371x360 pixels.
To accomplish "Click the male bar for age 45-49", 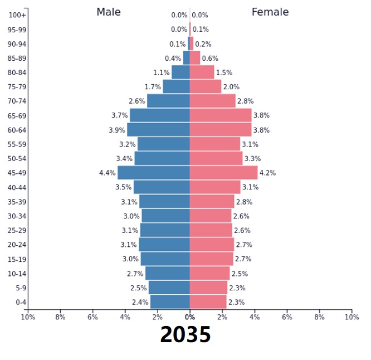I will [x=154, y=173].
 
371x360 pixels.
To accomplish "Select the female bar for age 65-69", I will [x=221, y=115].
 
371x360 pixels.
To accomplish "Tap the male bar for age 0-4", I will [x=170, y=302].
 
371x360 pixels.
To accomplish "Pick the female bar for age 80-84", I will [x=202, y=72].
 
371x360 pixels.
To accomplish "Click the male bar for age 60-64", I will [x=158, y=130].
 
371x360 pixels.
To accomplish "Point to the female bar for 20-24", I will [x=212, y=245].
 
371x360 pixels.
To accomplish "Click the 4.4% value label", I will [x=108, y=173].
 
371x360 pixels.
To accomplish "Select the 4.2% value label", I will [x=267, y=173].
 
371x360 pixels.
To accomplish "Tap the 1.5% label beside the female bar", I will [x=224, y=72].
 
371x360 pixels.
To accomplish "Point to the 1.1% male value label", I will [x=162, y=72].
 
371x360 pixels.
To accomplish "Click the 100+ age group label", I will [x=17, y=15].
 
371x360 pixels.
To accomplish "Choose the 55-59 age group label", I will [x=17, y=144].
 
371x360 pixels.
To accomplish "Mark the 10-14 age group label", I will [x=17, y=274].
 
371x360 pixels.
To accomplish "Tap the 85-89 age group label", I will [x=17, y=58].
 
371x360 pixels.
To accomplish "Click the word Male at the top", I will [x=108, y=12].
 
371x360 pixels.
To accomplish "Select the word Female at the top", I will [x=270, y=12].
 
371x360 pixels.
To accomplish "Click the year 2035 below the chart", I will [x=186, y=335].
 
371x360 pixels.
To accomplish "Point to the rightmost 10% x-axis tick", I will [x=352, y=317].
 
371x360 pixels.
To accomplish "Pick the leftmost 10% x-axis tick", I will [x=28, y=317].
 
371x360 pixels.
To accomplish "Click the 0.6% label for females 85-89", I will [x=210, y=58].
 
